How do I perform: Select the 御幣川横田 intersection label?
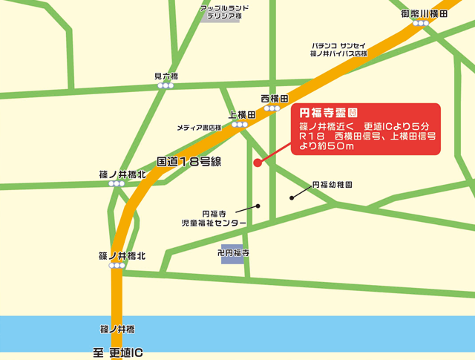click(x=423, y=14)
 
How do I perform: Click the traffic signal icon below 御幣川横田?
click(x=422, y=24)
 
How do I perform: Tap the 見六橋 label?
click(x=166, y=76)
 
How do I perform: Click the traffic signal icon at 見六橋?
click(x=166, y=86)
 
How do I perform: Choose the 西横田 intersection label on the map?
click(x=275, y=99)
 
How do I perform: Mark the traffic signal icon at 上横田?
click(x=239, y=125)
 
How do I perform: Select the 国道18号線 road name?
click(x=191, y=161)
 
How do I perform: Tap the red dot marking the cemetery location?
click(x=257, y=163)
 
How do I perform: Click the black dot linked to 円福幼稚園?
click(x=291, y=197)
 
